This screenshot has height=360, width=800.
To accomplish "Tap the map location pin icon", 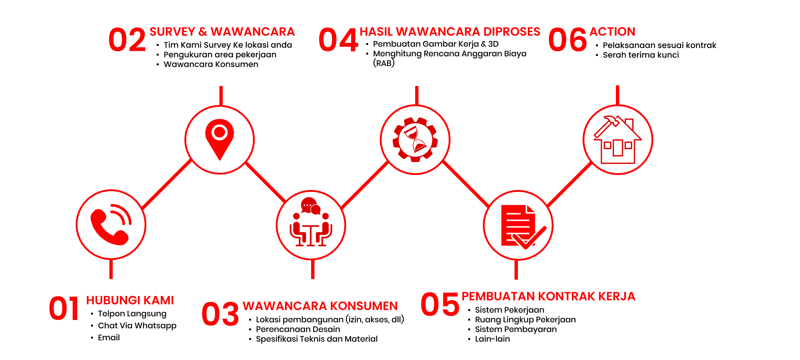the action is click(x=219, y=139).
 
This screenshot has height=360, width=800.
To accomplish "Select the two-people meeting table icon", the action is click(x=311, y=222).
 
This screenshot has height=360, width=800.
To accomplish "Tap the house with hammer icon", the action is click(x=618, y=140).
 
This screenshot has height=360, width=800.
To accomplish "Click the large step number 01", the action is click(x=64, y=308).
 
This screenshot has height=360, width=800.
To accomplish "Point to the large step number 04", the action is click(x=338, y=40).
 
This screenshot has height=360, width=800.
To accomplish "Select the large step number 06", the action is click(x=568, y=40).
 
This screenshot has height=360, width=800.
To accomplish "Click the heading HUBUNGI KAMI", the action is click(x=130, y=300).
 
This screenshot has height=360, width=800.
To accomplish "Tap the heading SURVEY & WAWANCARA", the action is click(x=222, y=32).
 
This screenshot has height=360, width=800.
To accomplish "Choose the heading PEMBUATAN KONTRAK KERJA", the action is click(x=548, y=296).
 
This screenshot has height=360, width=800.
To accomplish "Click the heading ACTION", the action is click(x=612, y=32).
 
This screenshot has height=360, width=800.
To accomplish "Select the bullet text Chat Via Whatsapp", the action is click(x=137, y=326).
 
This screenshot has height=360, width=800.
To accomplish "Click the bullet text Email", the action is click(x=109, y=338).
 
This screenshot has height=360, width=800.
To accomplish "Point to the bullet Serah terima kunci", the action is click(x=641, y=55).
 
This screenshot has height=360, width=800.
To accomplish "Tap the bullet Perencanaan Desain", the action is click(x=298, y=329).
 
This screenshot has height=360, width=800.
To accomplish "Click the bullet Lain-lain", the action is click(x=493, y=339).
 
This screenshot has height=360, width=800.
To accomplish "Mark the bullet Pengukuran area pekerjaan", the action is click(x=220, y=55).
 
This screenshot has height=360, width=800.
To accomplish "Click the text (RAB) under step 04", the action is click(x=384, y=63).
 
